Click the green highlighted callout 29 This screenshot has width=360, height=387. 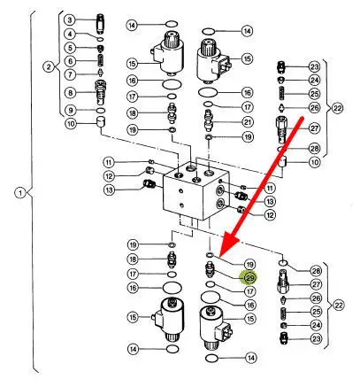click(249, 278)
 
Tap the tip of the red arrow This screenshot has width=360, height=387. click(219, 256)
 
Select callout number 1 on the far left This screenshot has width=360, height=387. click(20, 193)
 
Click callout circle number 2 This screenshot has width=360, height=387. click(49, 67)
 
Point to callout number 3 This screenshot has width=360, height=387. click(70, 20)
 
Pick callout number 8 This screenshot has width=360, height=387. click(70, 93)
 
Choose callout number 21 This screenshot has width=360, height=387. click(248, 122)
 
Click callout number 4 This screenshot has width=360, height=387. click(70, 34)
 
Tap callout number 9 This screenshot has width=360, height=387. click(70, 111)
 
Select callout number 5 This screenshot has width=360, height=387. click(70, 48)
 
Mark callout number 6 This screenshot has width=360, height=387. click(70, 61)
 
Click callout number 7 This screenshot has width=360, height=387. click(70, 74)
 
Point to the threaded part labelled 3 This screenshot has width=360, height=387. click(101, 23)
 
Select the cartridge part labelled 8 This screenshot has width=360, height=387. click(100, 92)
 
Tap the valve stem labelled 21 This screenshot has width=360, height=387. click(209, 120)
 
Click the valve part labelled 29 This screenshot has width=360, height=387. click(209, 269)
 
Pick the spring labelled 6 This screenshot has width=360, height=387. click(101, 61)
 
